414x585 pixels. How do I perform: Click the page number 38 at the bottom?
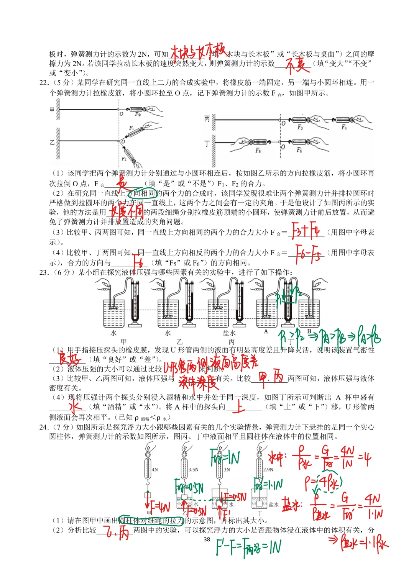point(207,539)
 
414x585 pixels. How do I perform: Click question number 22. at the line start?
point(44,83)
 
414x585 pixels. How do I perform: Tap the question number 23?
point(44,272)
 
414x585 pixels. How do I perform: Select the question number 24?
point(44,427)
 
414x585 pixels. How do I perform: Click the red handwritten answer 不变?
point(297,65)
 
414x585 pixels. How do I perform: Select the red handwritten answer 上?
point(238,406)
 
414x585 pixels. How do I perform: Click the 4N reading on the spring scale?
point(155,469)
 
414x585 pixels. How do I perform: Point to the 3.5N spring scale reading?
point(194,469)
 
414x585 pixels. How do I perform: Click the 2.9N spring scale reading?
point(268,469)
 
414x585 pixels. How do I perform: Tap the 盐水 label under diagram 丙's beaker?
point(229,333)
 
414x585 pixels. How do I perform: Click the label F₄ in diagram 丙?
point(344,127)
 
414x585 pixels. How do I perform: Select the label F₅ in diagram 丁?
point(258,151)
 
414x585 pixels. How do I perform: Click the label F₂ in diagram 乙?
point(124,158)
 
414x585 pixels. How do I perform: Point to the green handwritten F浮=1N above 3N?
point(225,457)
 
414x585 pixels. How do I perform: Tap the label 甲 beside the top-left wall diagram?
point(52,110)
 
